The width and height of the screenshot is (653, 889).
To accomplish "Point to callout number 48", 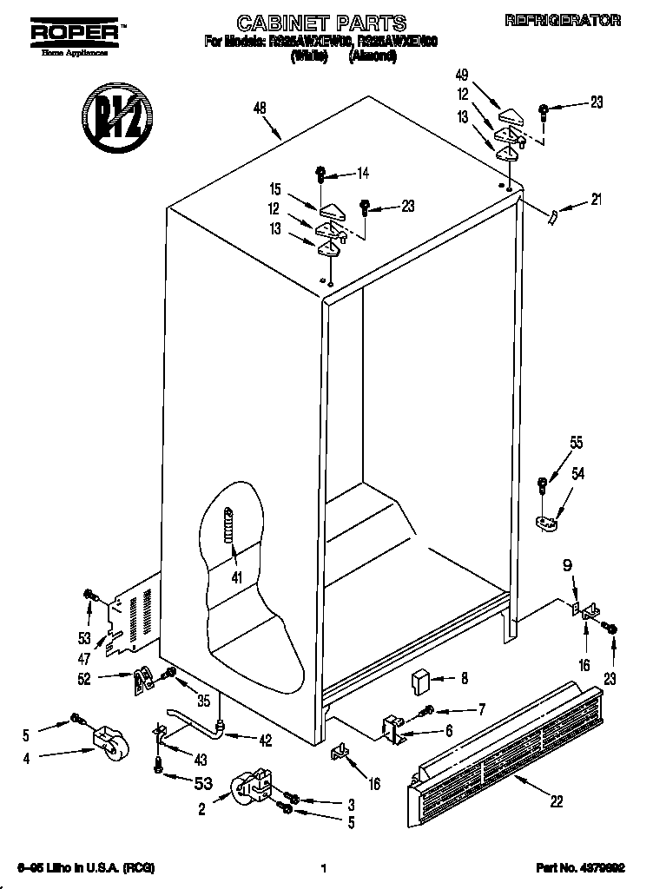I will click(259, 109).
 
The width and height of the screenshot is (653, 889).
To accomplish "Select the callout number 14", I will click(362, 174).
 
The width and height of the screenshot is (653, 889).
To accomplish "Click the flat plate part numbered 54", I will click(545, 522).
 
